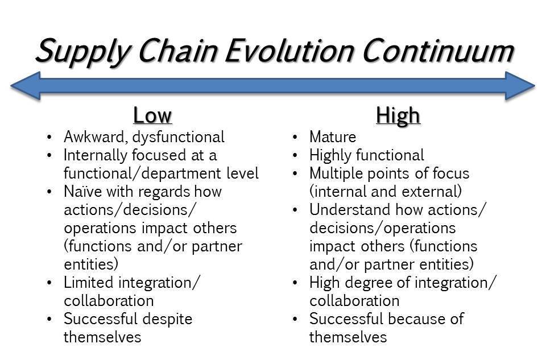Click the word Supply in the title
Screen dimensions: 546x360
(x=82, y=52)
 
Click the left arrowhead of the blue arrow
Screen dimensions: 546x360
(x=26, y=86)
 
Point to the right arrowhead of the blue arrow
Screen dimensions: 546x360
(x=520, y=86)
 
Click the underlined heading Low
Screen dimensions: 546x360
(x=152, y=115)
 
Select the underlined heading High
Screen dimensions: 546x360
(x=398, y=115)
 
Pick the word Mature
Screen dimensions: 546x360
(x=333, y=137)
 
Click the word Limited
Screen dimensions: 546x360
(x=89, y=282)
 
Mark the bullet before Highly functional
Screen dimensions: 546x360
(x=295, y=155)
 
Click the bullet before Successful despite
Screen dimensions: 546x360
(x=49, y=319)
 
